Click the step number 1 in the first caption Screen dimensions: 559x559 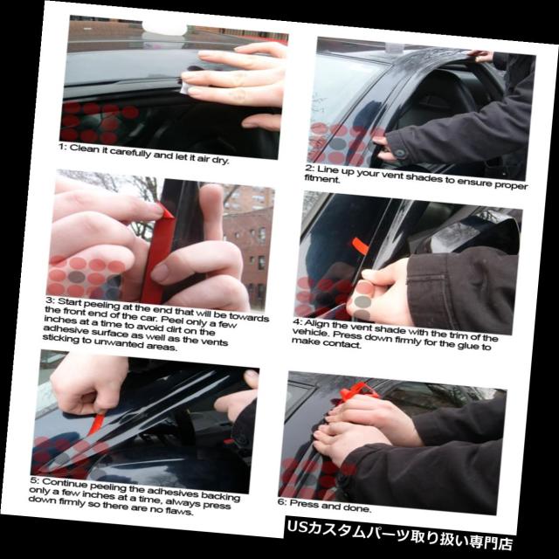pos(62,147)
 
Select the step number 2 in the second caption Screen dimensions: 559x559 pos(309,168)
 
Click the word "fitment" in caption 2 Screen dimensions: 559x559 pos(321,178)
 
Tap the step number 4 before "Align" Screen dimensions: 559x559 pos(297,322)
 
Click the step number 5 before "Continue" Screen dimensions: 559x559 pos(34,480)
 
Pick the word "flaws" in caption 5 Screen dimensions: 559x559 pos(180,510)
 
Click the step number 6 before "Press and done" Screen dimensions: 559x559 pos(282,501)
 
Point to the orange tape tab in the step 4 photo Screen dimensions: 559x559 pos(360,246)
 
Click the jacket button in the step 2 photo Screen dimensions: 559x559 pos(400,154)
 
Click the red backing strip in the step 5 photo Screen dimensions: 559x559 pos(97,423)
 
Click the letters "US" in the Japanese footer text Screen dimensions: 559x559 pos(294,527)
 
